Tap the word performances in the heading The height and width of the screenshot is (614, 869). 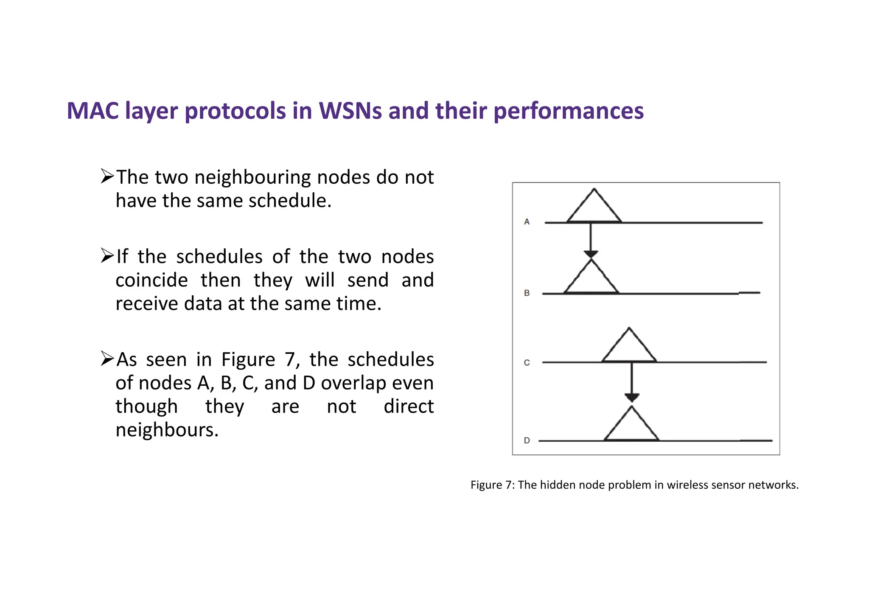569,111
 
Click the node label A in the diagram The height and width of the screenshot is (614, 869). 527,221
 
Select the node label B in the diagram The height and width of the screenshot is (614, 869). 527,293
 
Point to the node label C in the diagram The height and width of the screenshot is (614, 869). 527,362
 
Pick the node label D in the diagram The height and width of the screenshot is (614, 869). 527,440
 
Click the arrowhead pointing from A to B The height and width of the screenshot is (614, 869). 591,254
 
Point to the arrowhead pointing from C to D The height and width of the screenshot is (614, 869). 632,398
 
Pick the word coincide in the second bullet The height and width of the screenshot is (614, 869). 151,280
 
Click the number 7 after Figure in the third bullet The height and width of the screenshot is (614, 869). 290,360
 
